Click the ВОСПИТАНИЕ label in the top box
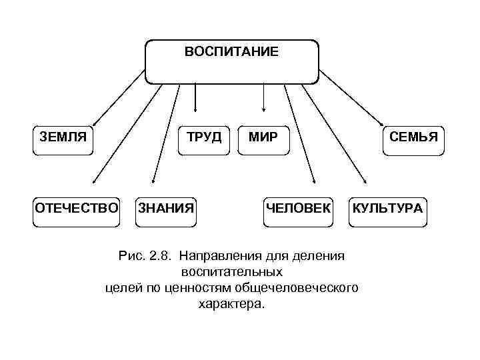(231, 51)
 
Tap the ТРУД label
(203, 137)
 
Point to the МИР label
(263, 137)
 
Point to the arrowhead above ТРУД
(195, 109)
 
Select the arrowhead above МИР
(265, 109)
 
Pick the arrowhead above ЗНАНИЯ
(153, 181)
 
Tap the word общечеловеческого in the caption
(307, 288)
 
